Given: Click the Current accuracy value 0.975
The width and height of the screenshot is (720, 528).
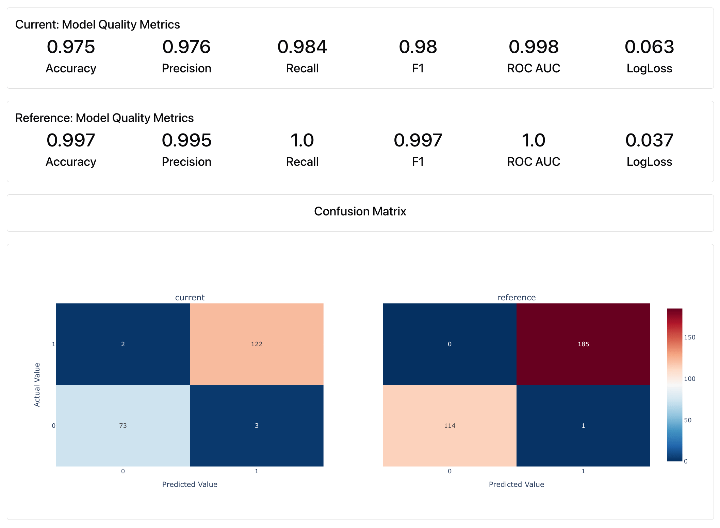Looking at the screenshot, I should tap(71, 47).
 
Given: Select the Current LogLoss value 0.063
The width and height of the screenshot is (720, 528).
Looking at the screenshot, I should tap(649, 47).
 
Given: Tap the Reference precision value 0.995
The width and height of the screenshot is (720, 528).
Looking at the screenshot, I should tap(186, 140).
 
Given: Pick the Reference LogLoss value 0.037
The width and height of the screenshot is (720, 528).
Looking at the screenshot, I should tap(649, 140).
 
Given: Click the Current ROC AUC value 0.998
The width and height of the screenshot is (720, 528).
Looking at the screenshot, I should tap(534, 47).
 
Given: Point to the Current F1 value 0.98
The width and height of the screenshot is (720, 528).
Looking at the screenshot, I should tap(418, 47).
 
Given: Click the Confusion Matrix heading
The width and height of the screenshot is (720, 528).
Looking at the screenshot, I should tap(360, 211).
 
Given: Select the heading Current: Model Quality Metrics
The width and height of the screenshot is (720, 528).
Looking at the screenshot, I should tap(97, 24).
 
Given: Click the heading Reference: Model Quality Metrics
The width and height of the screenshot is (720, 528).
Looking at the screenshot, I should tap(104, 118).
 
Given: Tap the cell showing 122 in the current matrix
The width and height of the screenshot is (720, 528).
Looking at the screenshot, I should tap(257, 344).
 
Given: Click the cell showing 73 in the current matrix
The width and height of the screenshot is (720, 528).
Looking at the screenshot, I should tap(123, 426).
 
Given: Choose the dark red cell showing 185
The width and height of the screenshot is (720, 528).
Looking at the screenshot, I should tap(583, 344).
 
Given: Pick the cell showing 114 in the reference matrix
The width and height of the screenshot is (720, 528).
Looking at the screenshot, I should tap(449, 426).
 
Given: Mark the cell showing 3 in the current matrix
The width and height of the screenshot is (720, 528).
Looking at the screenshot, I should tap(257, 426).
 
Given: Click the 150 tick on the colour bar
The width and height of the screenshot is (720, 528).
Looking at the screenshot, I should tap(689, 337).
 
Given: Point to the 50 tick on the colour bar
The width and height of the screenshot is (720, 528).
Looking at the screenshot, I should tap(688, 420).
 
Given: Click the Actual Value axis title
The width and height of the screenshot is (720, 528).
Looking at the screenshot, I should tap(37, 385).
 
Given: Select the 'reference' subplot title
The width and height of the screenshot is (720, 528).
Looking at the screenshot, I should tap(516, 298).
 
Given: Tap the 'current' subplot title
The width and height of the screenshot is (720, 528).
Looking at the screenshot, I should tap(190, 298).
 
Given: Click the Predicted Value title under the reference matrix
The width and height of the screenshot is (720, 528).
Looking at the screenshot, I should tap(516, 485).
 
